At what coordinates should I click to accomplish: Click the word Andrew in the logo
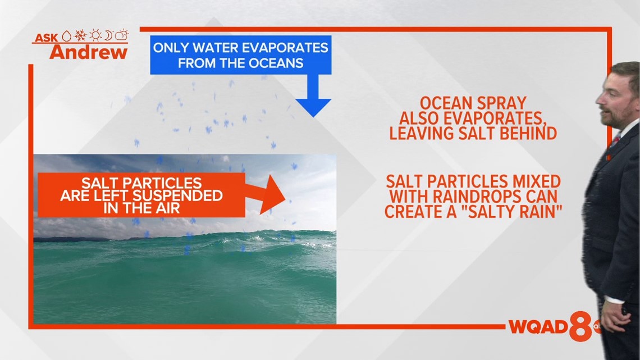89,52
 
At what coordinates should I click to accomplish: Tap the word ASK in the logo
46,38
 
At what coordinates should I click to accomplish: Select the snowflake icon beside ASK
80,35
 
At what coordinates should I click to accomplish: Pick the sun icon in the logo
95,35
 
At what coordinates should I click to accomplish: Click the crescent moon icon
108,35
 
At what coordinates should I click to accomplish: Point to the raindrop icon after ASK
66,36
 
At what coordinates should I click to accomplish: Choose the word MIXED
533,181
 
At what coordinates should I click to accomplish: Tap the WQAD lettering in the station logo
538,327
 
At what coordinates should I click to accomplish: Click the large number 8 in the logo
581,326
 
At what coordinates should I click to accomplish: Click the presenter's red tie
615,141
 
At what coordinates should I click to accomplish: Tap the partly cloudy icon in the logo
122,35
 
